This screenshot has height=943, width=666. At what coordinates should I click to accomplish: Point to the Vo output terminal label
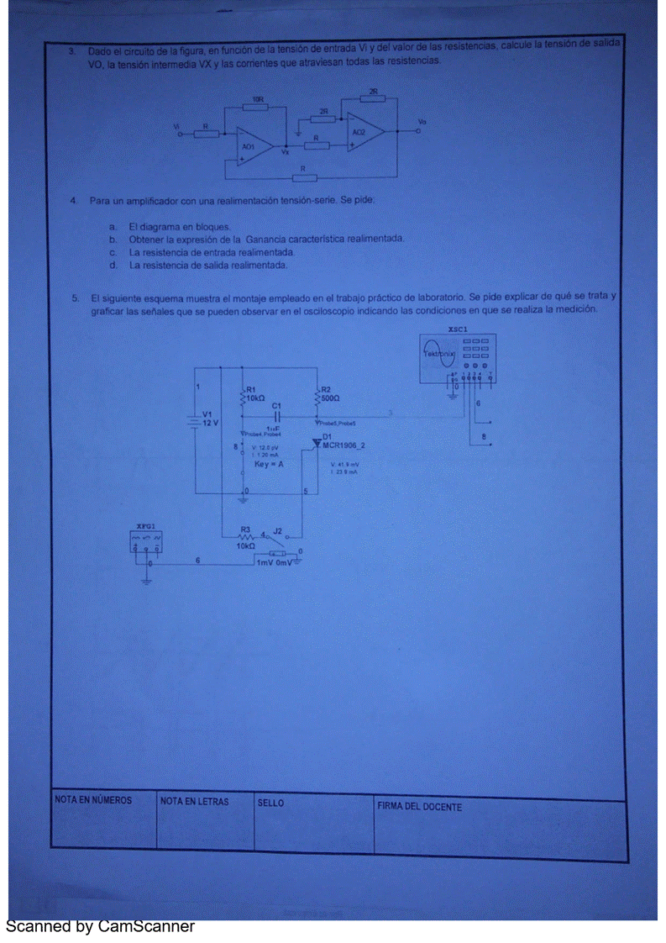click(x=421, y=121)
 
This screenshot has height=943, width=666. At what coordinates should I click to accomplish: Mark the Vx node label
click(x=286, y=152)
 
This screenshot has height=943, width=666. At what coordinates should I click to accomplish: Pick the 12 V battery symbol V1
click(x=195, y=419)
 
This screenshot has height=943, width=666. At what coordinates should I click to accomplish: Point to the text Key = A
click(x=269, y=463)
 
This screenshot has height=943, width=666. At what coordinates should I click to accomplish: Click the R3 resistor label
click(x=245, y=529)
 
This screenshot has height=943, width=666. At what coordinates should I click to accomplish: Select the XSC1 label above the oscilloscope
click(x=459, y=329)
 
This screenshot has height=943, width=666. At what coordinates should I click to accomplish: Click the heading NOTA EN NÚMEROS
click(x=93, y=801)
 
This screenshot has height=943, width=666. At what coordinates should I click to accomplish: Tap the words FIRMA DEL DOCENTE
click(x=420, y=807)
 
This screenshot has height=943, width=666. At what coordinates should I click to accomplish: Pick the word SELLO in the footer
click(x=270, y=803)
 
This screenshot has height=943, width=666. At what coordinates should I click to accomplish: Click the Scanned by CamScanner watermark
click(x=100, y=926)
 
